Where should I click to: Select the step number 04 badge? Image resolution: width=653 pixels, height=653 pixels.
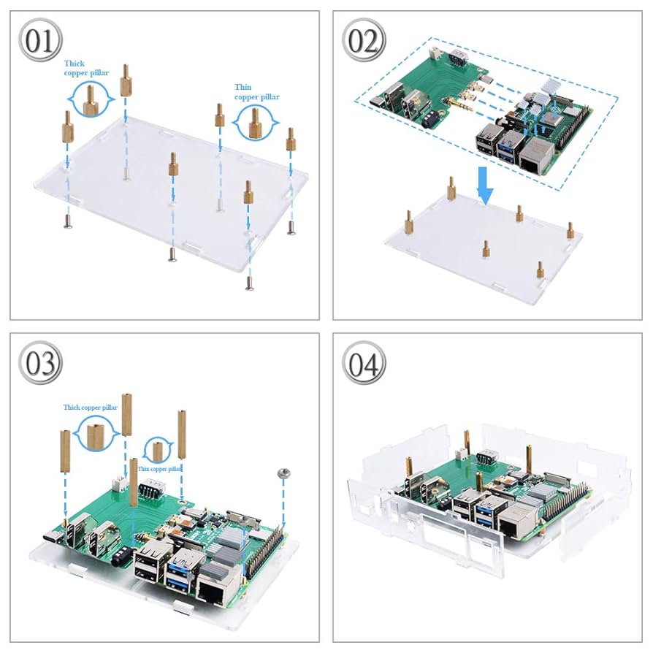(x=363, y=363)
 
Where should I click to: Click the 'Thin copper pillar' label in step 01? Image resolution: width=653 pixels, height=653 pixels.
(x=256, y=92)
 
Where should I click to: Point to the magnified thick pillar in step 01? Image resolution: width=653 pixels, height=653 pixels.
(x=91, y=99)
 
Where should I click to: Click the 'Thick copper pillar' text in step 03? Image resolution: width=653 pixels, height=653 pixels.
(x=90, y=408)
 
